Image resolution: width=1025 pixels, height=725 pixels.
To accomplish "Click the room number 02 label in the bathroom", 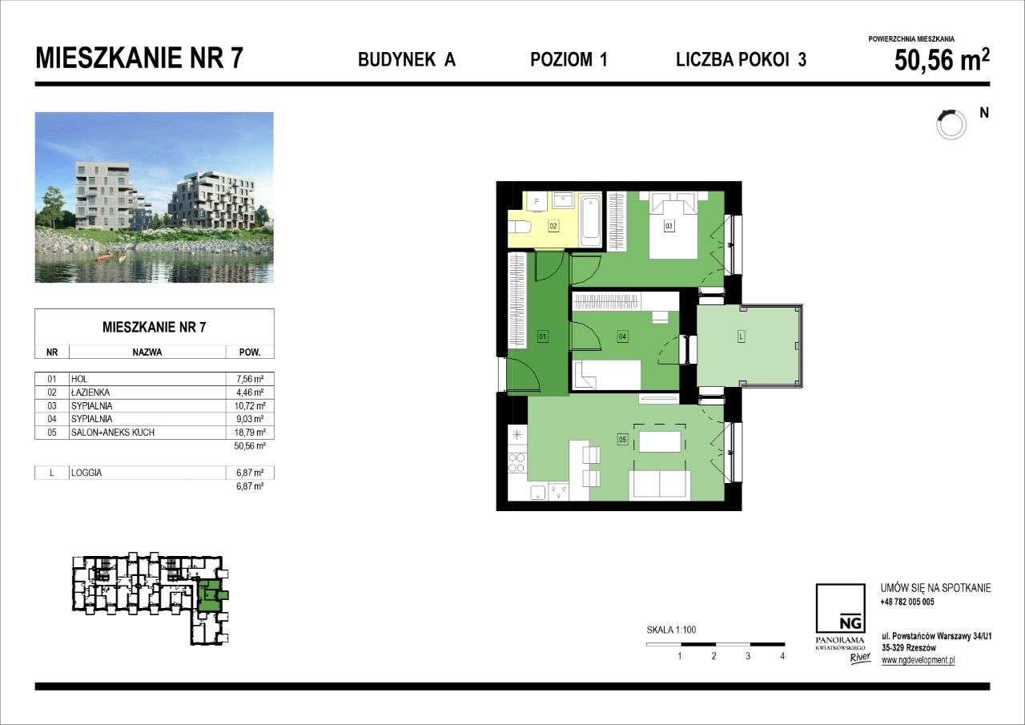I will [553, 227].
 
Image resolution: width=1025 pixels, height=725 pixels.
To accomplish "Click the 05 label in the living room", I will [622, 439].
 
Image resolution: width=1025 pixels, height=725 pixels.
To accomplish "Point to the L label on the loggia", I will [742, 337].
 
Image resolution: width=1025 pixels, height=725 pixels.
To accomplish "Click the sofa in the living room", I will [660, 484].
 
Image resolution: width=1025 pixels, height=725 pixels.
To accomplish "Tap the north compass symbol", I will [951, 123].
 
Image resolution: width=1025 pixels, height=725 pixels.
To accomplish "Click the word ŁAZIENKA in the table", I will [90, 393].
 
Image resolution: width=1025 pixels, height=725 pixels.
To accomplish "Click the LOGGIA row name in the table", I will [86, 473].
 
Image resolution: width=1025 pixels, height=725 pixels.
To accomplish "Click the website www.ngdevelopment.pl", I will [918, 660].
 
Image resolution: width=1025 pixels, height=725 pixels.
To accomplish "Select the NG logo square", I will [839, 608].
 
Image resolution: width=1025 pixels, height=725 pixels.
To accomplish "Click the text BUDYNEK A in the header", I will [406, 59].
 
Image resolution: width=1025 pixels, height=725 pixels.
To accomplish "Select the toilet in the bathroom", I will [517, 226].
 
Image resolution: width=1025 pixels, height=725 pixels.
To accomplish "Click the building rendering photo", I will [155, 197].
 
